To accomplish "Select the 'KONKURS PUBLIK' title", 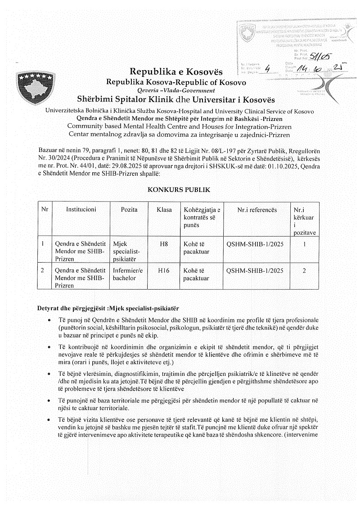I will coord(179,190).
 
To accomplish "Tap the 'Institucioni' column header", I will coord(81,210).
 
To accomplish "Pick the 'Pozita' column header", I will coord(129,210).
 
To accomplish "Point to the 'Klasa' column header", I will coord(164,210).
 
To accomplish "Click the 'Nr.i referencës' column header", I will coord(257,210).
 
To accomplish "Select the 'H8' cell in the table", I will coord(164,244).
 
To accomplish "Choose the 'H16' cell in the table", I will coord(164,270).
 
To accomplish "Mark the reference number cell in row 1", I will coord(255,244).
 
